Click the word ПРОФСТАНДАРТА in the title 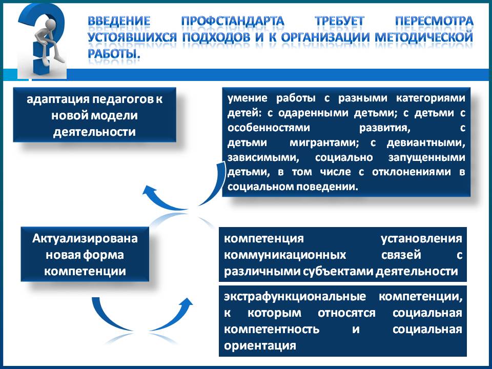[x=233, y=22]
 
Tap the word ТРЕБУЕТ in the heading [x=339, y=22]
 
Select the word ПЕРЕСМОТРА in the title [x=434, y=22]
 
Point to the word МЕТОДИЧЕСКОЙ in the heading [x=424, y=37]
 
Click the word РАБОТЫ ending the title [x=114, y=54]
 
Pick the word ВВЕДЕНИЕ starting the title [x=119, y=22]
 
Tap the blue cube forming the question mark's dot [x=41, y=66]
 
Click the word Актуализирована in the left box [x=85, y=238]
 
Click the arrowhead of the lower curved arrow [x=187, y=303]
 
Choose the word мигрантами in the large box [x=324, y=143]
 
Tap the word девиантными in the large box [x=426, y=143]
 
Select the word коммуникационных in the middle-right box [x=285, y=255]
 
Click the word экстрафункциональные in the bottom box [x=295, y=297]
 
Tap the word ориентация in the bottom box [x=260, y=346]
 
